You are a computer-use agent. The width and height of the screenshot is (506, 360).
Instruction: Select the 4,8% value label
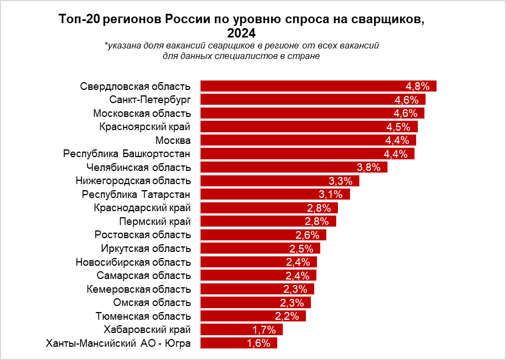coord(417,87)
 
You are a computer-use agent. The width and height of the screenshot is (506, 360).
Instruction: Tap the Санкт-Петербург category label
coord(150,100)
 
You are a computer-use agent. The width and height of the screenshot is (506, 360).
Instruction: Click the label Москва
coord(173,140)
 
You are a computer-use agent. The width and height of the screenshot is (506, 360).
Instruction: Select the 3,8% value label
coord(369,167)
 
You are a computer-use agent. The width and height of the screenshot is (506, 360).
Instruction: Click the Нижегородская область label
coord(133,181)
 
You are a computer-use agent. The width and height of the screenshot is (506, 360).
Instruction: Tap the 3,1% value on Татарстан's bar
coord(331,194)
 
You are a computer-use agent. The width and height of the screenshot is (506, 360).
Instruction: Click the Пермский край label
coord(155,221)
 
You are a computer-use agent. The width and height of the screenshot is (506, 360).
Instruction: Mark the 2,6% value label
coord(307,235)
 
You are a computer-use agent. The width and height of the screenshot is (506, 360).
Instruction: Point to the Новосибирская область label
coord(133,262)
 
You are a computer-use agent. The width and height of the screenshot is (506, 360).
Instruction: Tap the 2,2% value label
coord(287,316)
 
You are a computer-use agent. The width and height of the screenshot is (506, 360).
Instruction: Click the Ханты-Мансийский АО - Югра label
coord(119,343)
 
